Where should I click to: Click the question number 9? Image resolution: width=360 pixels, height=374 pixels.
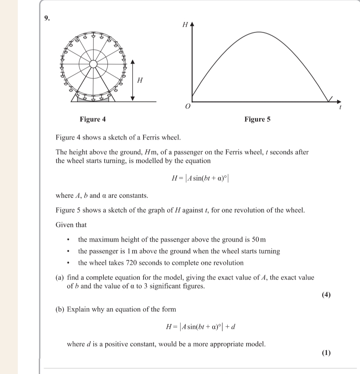46,18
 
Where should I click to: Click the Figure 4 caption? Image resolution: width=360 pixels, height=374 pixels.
93,119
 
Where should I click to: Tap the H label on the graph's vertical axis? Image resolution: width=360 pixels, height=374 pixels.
185,25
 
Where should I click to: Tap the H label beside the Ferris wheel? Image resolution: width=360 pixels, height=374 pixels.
140,80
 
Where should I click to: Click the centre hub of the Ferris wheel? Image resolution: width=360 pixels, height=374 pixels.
94,64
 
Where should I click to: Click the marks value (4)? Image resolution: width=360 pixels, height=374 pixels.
326,295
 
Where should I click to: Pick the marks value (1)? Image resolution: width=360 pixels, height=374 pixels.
326,353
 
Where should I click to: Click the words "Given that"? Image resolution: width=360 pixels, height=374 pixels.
71,225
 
